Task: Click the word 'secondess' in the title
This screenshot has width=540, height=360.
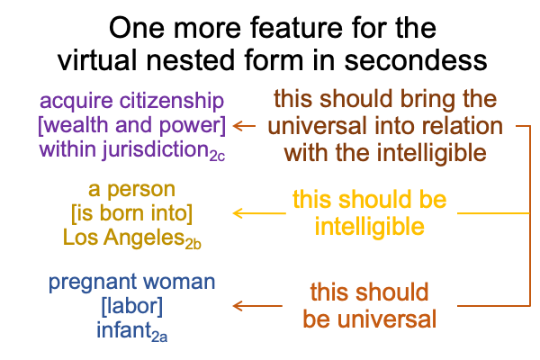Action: pos(415,60)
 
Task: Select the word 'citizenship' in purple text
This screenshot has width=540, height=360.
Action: pos(172,102)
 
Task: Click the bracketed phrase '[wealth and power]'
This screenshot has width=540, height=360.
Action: pos(132,125)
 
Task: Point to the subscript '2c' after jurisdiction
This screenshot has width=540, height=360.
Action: pos(217,157)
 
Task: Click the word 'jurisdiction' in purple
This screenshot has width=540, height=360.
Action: pos(156,150)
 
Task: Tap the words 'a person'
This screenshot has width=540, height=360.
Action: pos(132,190)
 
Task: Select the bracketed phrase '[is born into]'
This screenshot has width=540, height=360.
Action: pos(132,213)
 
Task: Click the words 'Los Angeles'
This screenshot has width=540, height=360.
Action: pos(124,238)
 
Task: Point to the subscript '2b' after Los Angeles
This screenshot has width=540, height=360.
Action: pos(193,244)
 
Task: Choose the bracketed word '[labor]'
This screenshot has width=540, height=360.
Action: pos(132,306)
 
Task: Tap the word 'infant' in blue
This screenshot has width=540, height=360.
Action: pos(124,329)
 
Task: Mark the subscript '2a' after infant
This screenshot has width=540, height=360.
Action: pos(159,337)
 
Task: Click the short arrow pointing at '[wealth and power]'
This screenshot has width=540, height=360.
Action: pos(244,126)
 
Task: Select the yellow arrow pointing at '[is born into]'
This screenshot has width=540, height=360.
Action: pos(259,213)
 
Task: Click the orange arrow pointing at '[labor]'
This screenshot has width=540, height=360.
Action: pos(257,306)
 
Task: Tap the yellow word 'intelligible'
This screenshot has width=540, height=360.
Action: pos(370,227)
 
